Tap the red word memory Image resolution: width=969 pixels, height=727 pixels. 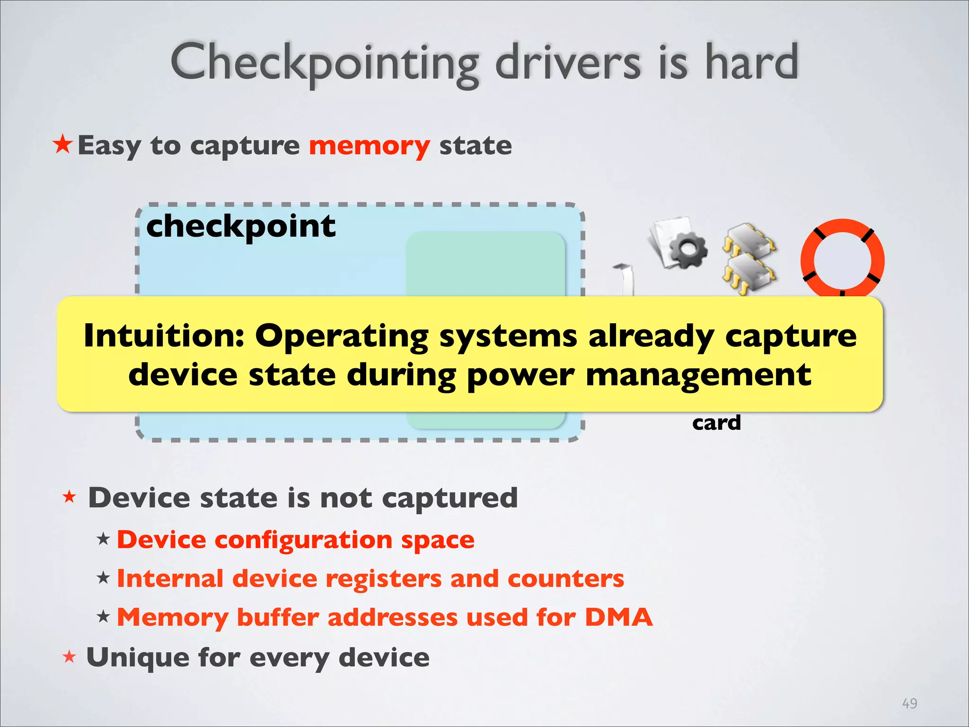[370, 145]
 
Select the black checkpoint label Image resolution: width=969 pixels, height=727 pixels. [241, 226]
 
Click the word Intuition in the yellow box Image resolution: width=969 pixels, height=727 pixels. [164, 336]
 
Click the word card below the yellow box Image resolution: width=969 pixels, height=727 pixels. [716, 423]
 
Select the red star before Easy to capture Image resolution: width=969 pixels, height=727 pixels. [63, 144]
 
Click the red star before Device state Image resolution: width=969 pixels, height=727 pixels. [70, 496]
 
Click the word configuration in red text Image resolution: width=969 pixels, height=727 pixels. [303, 540]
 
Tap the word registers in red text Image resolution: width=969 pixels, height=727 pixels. [385, 578]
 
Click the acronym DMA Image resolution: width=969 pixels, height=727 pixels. [619, 617]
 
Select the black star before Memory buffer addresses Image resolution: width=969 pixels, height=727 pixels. [103, 616]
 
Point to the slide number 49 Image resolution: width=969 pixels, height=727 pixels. [909, 703]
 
